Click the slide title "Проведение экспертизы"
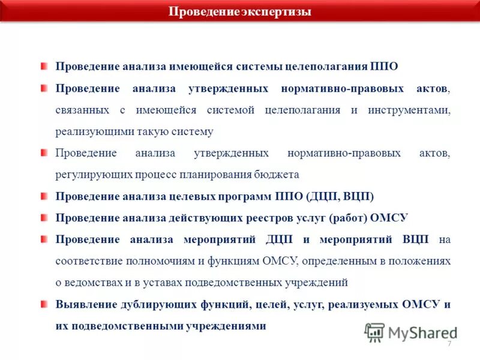[x=239, y=11]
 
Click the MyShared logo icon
[x=374, y=332]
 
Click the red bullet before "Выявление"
[x=44, y=303]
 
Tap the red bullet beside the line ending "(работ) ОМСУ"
[x=44, y=217]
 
